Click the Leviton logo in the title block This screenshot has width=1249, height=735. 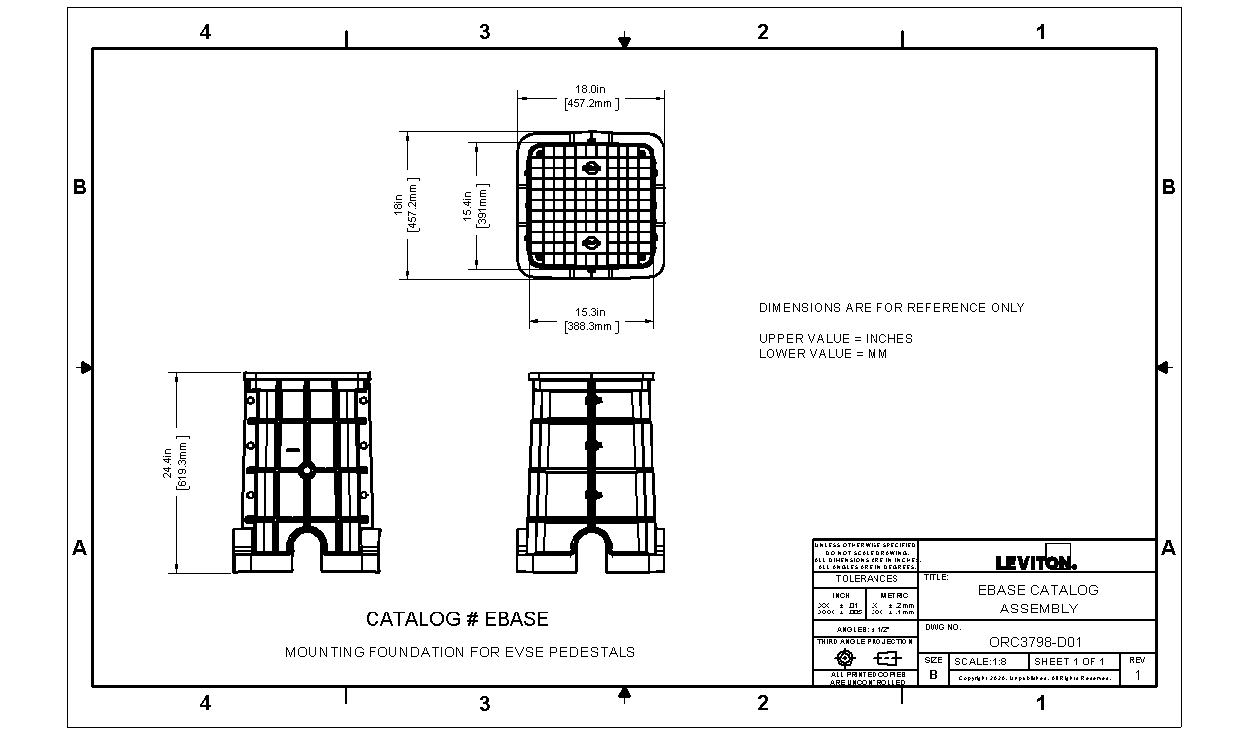click(1036, 560)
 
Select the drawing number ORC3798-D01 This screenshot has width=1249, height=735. click(1036, 642)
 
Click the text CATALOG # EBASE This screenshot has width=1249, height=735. click(456, 619)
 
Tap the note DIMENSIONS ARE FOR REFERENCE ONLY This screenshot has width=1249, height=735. click(890, 308)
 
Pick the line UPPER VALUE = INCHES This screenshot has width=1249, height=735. click(835, 338)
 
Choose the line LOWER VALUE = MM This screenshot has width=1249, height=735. click(823, 353)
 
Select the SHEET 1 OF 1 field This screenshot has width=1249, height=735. click(1068, 662)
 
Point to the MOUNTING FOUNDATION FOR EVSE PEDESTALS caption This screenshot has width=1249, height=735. click(459, 653)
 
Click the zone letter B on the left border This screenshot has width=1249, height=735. click(80, 187)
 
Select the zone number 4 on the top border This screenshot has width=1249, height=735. click(205, 32)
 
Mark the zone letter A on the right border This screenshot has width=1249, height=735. click(1169, 548)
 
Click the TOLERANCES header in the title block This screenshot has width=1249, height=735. click(866, 579)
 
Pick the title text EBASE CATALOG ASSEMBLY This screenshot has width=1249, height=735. click(1037, 599)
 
